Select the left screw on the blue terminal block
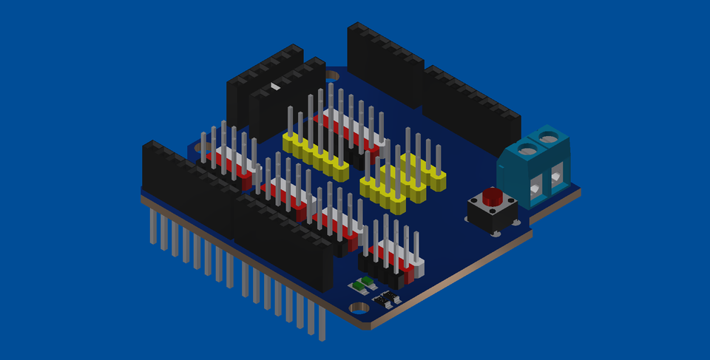pos(527,150)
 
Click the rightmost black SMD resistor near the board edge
pos(390,299)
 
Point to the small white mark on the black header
pos(276,87)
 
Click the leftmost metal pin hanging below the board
pos(153,226)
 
